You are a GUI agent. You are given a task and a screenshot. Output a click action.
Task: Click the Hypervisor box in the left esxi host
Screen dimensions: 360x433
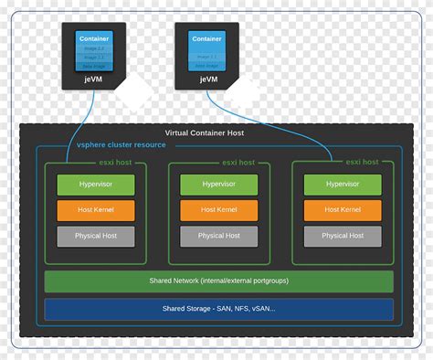pyautogui.click(x=96, y=184)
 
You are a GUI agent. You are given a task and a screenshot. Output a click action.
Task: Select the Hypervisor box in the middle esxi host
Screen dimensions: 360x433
pyautogui.click(x=218, y=184)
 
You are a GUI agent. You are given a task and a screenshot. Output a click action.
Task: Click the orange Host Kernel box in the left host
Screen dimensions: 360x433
pyautogui.click(x=96, y=210)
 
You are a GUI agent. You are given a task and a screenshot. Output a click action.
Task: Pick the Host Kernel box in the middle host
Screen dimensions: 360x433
pyautogui.click(x=218, y=210)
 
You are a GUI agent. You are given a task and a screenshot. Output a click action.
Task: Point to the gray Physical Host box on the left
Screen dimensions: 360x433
pyautogui.click(x=96, y=237)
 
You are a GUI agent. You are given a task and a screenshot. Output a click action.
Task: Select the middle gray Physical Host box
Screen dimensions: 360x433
pyautogui.click(x=218, y=237)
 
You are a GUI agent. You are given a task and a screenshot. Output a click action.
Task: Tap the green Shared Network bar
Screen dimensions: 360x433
pyautogui.click(x=218, y=281)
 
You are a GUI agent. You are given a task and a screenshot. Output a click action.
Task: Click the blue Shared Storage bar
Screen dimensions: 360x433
pyautogui.click(x=218, y=309)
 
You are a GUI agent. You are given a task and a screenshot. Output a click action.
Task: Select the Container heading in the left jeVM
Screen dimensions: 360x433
pyautogui.click(x=94, y=38)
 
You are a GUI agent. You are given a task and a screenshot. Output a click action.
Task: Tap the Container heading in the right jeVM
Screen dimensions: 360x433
pyautogui.click(x=207, y=38)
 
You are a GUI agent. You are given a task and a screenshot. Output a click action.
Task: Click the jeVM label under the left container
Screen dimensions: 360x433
pyautogui.click(x=94, y=79)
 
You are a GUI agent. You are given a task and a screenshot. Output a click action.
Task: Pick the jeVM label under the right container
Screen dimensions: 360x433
pyautogui.click(x=209, y=79)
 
